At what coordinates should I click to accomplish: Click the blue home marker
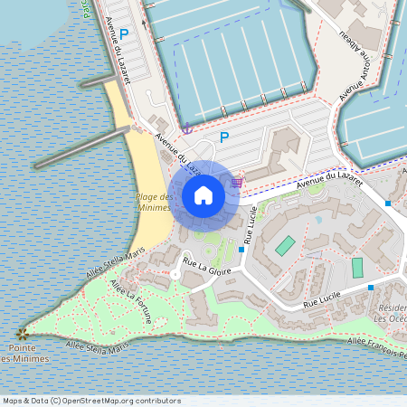(203, 194)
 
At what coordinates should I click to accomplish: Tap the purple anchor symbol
(187, 129)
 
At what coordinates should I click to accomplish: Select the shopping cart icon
(236, 182)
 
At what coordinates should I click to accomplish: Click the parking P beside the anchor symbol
(224, 137)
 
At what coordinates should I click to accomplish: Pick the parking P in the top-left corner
(125, 33)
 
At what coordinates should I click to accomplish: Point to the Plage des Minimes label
(153, 202)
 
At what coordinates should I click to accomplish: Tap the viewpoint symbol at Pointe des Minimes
(22, 334)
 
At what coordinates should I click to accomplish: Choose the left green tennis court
(285, 245)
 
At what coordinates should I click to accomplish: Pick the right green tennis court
(357, 268)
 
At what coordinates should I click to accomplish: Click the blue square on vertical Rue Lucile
(241, 249)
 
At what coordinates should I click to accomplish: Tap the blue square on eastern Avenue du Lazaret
(388, 203)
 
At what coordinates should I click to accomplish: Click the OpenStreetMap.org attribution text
(91, 400)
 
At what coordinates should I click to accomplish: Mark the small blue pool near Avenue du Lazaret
(318, 218)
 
